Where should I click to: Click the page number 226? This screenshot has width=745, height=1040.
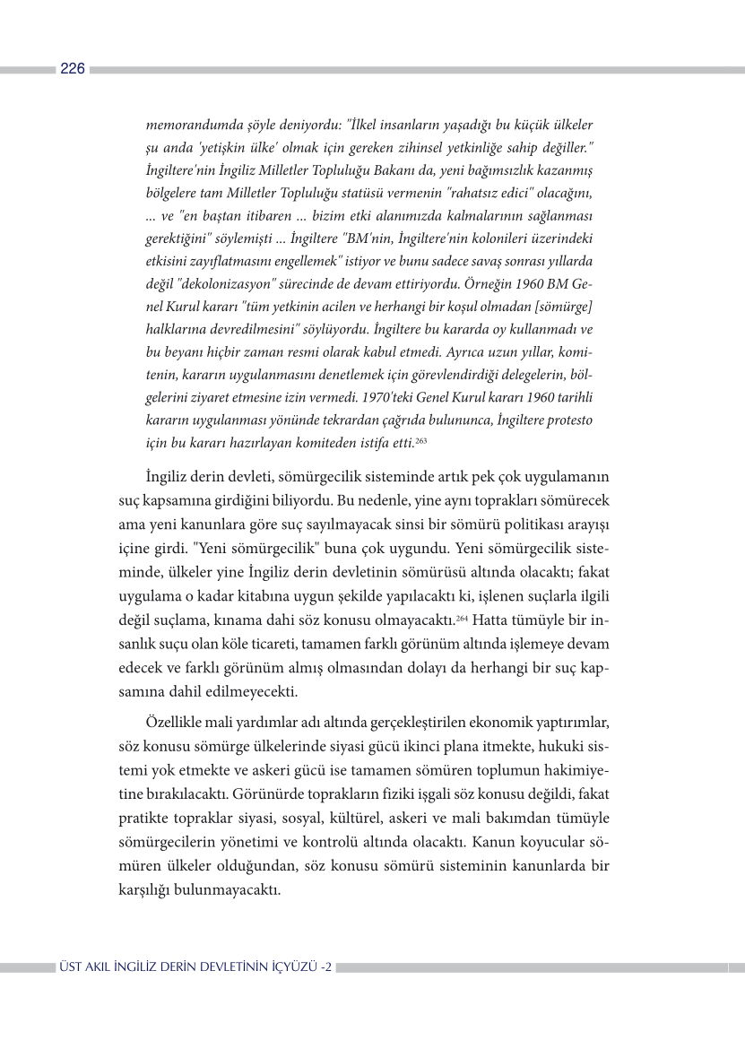[73, 69]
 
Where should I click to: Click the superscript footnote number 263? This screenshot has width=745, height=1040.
[420, 439]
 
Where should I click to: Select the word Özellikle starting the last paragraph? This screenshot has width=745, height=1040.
[177, 722]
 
